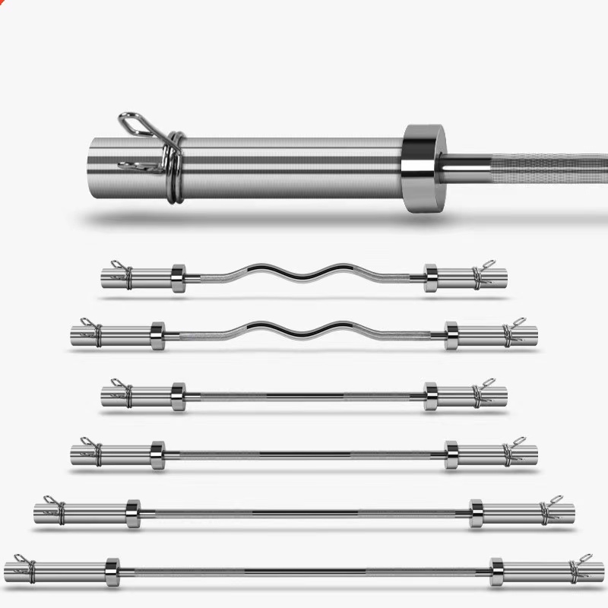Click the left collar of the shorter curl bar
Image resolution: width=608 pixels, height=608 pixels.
pos(179,277)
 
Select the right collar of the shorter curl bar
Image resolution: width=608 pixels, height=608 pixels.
pos(431,277)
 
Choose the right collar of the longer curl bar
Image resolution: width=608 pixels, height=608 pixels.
pos(451,335)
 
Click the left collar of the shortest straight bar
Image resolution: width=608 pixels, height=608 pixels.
pos(179,396)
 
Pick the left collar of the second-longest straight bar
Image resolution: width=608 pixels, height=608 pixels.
pos(133,513)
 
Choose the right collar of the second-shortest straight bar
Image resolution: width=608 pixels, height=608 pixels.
pos(451,454)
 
